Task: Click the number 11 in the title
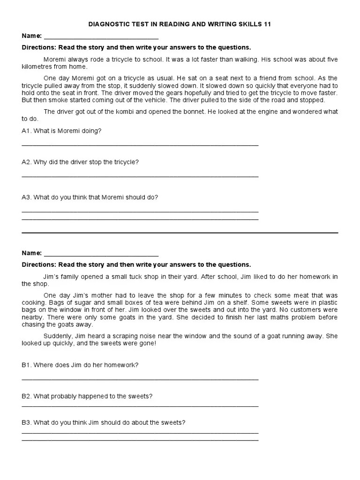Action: (267, 24)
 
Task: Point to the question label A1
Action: (26, 131)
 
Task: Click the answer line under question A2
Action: (140, 177)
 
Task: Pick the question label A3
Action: (26, 197)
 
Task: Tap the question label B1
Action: (26, 365)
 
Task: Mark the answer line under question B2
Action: (140, 406)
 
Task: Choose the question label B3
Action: (26, 422)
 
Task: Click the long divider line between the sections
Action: (180, 232)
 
